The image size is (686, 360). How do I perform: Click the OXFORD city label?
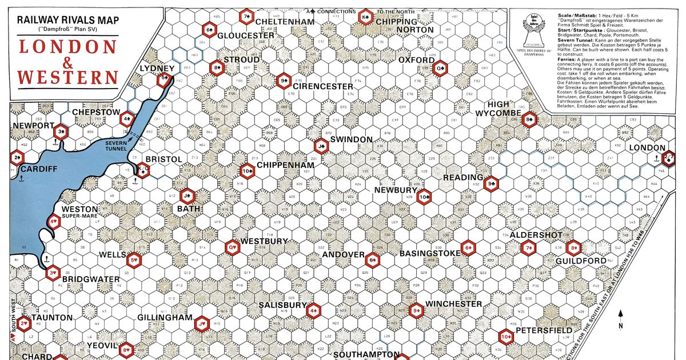pyautogui.click(x=416, y=59)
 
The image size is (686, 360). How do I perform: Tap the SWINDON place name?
pyautogui.click(x=352, y=139)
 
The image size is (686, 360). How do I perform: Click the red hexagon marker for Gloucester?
pyautogui.click(x=209, y=30)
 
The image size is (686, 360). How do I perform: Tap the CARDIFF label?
pyautogui.click(x=39, y=170)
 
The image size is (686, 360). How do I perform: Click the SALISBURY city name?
pyautogui.click(x=283, y=305)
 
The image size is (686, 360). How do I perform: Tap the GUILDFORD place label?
pyautogui.click(x=580, y=261)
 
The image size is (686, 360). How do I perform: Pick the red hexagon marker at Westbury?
pyautogui.click(x=233, y=247)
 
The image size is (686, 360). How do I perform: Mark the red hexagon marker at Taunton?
pyautogui.click(x=25, y=324)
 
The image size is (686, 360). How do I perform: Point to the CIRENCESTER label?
pyautogui.click(x=324, y=86)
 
